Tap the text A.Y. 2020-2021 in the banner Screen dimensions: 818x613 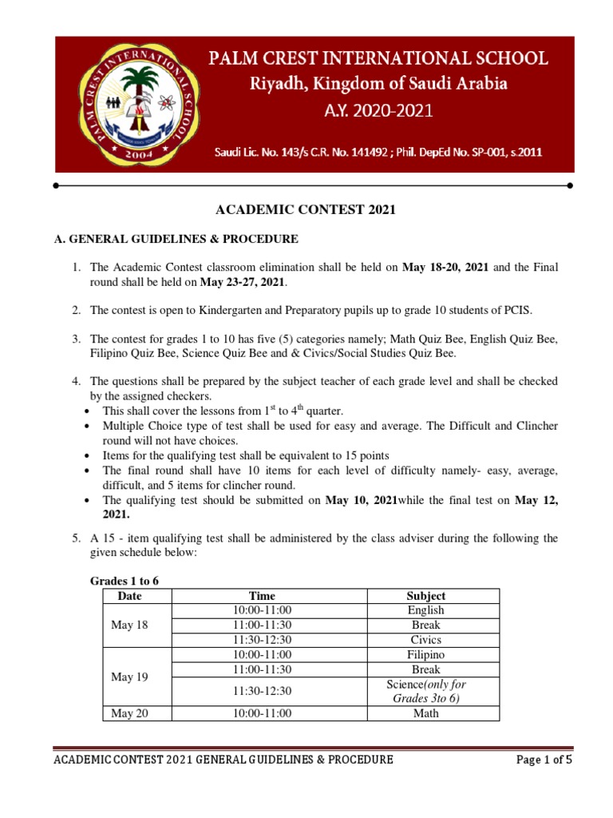378,111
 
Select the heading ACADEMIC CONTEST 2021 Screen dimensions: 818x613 306,211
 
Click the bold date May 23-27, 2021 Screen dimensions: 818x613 243,283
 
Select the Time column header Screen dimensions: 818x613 262,596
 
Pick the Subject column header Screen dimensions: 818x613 425,596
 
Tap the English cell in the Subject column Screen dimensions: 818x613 425,610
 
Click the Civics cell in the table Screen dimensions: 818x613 425,640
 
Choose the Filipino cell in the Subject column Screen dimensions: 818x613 425,655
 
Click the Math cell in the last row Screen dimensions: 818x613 425,713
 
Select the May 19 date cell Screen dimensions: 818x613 129,677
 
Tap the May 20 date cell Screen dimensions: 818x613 129,713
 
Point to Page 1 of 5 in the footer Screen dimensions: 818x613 544,760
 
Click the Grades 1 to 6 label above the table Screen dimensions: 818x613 124,581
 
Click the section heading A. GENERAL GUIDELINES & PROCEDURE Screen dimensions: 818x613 176,239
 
